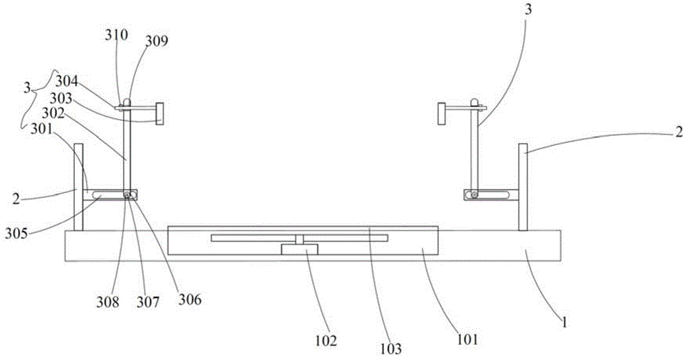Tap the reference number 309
[156, 41]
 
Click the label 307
[150, 301]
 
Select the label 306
[190, 300]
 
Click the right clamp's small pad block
[442, 113]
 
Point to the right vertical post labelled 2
[523, 187]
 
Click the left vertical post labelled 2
[78, 187]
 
